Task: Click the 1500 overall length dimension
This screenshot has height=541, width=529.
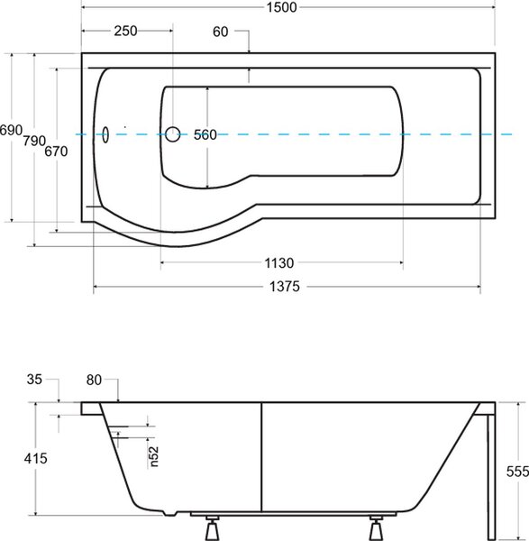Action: tap(281, 7)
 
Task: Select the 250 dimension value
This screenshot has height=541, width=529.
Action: tap(125, 31)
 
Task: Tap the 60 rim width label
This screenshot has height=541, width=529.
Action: tap(221, 32)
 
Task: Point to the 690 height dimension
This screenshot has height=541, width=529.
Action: tap(11, 130)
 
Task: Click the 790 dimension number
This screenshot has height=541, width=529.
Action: tap(34, 141)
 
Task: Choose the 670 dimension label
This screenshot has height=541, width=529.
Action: tap(56, 151)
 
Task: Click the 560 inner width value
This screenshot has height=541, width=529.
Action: tap(205, 134)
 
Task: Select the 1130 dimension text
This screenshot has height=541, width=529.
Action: tap(279, 263)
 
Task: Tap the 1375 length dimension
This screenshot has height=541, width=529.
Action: tap(285, 287)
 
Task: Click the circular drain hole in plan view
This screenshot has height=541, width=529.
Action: tap(172, 134)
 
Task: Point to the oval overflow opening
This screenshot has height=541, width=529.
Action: tap(105, 134)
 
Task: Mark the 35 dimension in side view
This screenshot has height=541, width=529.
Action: tap(34, 380)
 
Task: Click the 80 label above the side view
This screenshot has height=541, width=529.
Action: tap(94, 381)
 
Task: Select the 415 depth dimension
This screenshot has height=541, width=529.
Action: tap(35, 459)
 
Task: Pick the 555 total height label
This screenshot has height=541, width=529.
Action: tap(517, 472)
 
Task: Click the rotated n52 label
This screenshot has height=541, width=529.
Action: tap(154, 456)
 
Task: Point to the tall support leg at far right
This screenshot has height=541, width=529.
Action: tap(491, 477)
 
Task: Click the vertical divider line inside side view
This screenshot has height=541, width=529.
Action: tap(261, 457)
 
